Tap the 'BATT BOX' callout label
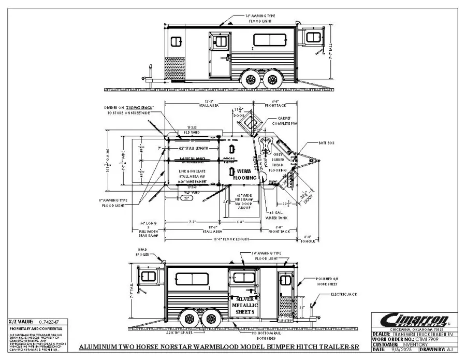click(327, 142)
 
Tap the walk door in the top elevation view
click(220, 54)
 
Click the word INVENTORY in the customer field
click(406, 344)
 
